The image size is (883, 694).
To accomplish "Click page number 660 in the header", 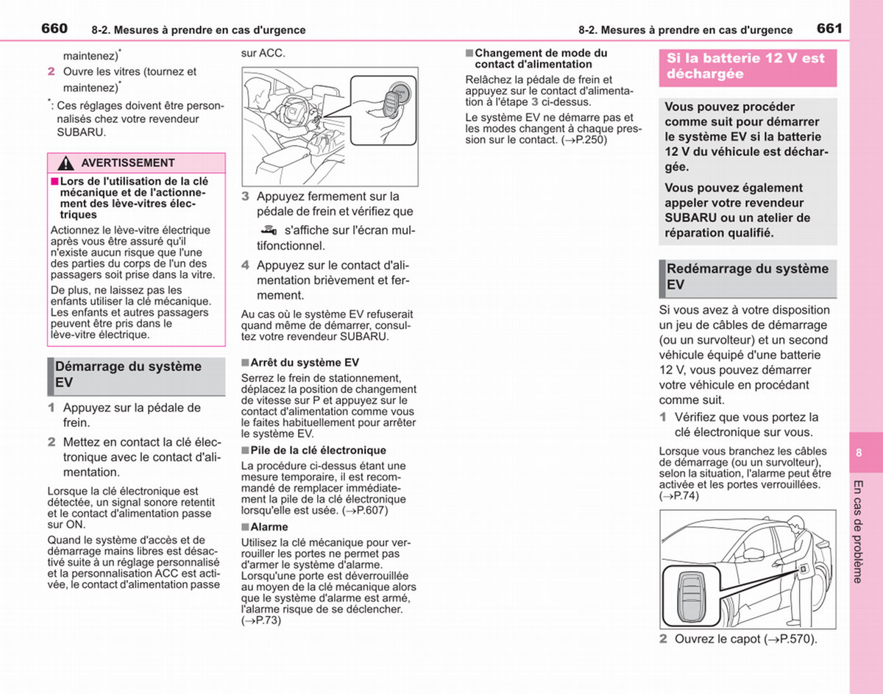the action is point(54,29).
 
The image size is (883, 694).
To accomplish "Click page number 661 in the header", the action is point(829,29).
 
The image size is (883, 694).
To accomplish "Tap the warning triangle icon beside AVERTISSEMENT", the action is point(65,163).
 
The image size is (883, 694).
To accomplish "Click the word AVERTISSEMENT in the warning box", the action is point(127,163).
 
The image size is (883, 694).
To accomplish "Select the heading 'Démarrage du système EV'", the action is point(129,374).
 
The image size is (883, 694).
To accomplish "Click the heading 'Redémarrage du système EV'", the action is point(748,277).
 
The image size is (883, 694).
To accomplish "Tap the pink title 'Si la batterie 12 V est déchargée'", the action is point(745,65).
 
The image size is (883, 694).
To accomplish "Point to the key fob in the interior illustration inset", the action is point(392,104).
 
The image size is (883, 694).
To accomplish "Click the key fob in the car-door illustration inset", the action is point(690,598).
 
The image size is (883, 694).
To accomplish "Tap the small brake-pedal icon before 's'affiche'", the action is point(269,230).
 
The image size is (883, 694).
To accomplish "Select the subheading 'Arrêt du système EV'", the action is point(305,362).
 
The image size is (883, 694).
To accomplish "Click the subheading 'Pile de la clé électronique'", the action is point(318,450).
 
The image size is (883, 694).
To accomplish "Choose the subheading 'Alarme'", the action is point(269,527).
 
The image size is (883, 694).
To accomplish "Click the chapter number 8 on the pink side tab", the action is point(859,453).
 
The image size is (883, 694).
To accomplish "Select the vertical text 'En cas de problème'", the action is point(858,532).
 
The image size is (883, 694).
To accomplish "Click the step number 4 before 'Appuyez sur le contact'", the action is point(245,266).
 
